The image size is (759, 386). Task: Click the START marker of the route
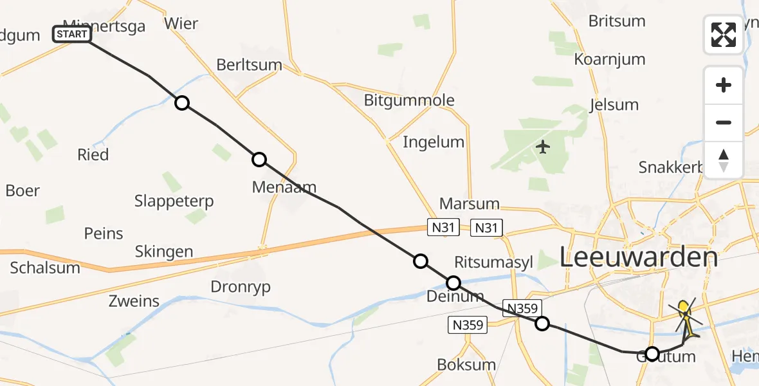[x=71, y=34]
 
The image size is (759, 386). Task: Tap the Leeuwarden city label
[x=638, y=257]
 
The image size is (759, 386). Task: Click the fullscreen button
[x=724, y=35]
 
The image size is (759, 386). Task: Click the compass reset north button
[x=724, y=160]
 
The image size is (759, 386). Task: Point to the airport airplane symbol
[x=544, y=147]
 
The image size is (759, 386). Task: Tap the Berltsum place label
[x=250, y=64]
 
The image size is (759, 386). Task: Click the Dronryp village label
[x=241, y=286]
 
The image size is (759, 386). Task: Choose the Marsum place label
[x=469, y=204]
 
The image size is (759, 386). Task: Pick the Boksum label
[x=466, y=365]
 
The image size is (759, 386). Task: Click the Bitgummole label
[x=409, y=100]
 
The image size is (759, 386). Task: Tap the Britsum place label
[x=617, y=21]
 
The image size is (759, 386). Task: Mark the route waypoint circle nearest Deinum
[x=453, y=282]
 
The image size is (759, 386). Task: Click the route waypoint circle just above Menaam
[x=259, y=160]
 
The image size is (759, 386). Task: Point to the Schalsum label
[x=45, y=268]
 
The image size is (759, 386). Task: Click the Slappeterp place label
[x=174, y=201]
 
